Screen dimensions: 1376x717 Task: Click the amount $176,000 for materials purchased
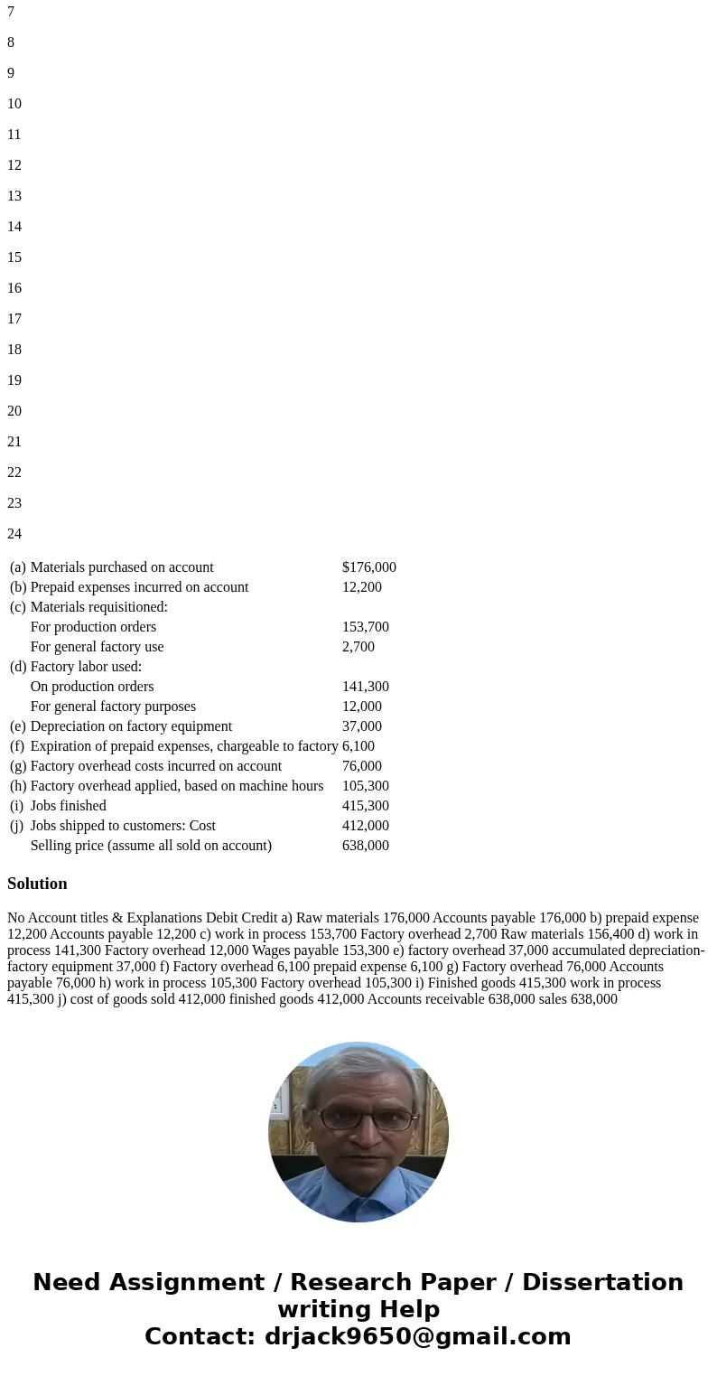[368, 567]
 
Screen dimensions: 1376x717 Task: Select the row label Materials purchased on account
[122, 567]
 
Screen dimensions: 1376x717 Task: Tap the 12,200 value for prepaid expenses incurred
[361, 587]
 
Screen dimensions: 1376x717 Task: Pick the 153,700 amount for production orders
[365, 627]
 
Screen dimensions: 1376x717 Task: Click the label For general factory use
[97, 647]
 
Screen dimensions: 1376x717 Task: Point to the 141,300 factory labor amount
[365, 687]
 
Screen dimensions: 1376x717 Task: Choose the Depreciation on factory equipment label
[131, 726]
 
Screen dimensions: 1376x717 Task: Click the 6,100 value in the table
[358, 746]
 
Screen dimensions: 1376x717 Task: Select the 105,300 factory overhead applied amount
[365, 786]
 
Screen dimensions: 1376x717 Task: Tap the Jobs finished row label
[68, 806]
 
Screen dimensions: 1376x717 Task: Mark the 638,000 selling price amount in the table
[365, 846]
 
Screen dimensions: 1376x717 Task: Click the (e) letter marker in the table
[18, 726]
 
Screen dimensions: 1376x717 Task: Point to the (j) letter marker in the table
[18, 826]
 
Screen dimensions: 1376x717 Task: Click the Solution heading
[37, 884]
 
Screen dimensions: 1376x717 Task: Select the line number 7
[11, 12]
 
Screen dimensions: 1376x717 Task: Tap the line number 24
[14, 534]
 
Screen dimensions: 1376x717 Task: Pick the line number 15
[14, 257]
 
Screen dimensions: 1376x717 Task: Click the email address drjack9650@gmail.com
[417, 1336]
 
